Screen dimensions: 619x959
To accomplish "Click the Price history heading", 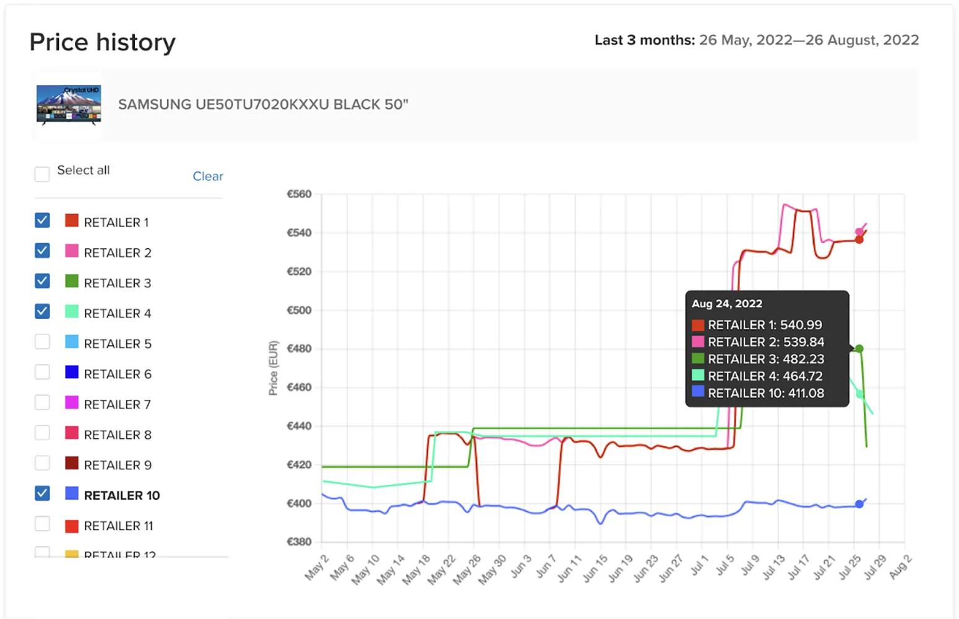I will click(x=103, y=42).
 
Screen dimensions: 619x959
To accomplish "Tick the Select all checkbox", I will click(x=42, y=174).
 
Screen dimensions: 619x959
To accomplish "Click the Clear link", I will click(x=207, y=176).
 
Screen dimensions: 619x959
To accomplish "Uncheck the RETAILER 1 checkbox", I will click(x=42, y=220).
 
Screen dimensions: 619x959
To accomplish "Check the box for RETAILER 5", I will click(x=42, y=342).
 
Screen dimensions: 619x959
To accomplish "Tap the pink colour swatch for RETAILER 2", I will click(x=72, y=251).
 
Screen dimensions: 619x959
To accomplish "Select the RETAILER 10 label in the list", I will click(x=121, y=495).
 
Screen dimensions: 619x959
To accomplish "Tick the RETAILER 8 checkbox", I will click(x=42, y=433).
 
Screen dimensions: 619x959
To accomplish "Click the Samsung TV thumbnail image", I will click(x=69, y=105).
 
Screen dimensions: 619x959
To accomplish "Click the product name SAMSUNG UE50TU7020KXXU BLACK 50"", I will click(x=263, y=105).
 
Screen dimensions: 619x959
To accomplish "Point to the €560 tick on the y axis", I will click(x=299, y=194).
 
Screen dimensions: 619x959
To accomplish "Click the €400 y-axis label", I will click(x=299, y=504).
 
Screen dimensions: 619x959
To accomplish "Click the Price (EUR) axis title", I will click(x=273, y=368).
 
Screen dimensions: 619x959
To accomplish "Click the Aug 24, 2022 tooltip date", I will click(x=726, y=304).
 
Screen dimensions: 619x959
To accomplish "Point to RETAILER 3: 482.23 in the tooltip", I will click(x=765, y=359).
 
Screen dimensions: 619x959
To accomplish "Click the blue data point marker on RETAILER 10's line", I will click(x=859, y=504).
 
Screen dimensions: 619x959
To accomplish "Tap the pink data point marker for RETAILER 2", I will click(x=859, y=232).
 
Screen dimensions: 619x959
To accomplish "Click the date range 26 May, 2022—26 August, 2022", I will click(x=809, y=40).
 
